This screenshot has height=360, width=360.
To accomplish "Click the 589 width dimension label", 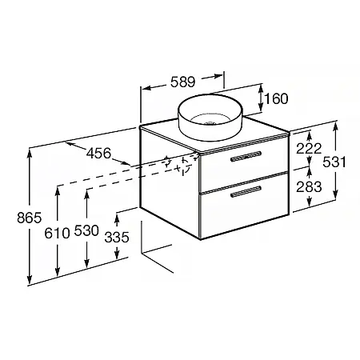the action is pyautogui.click(x=183, y=82).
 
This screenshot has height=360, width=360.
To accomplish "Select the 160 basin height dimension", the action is pyautogui.click(x=276, y=98).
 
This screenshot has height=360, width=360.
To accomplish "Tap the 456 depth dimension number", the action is pyautogui.click(x=98, y=154).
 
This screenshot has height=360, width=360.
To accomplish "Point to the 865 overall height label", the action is pyautogui.click(x=30, y=218).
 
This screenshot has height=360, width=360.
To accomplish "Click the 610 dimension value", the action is pyautogui.click(x=57, y=234).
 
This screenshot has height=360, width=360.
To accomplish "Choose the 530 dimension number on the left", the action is pyautogui.click(x=86, y=230).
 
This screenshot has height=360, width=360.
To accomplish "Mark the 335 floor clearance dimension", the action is pyautogui.click(x=117, y=237).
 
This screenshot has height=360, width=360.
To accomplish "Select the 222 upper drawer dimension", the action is pyautogui.click(x=309, y=149).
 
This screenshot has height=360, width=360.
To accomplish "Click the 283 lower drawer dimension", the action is pyautogui.click(x=309, y=187).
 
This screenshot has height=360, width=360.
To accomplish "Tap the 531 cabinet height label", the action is pyautogui.click(x=334, y=162).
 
